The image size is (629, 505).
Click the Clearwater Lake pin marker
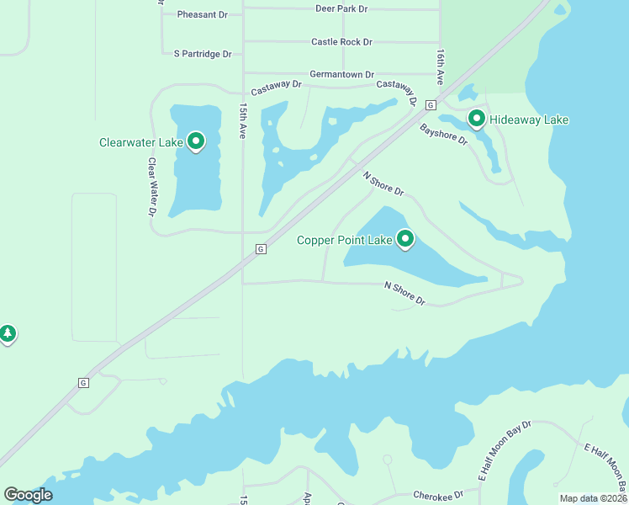pyautogui.click(x=196, y=141)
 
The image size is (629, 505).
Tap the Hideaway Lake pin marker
pyautogui.click(x=477, y=118)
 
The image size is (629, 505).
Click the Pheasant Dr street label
pyautogui.click(x=203, y=14)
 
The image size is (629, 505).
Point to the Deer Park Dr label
pyautogui.click(x=341, y=8)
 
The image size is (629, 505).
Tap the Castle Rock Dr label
pyautogui.click(x=341, y=41)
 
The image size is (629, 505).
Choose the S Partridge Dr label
pyautogui.click(x=203, y=54)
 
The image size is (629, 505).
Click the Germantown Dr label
pyautogui.click(x=341, y=75)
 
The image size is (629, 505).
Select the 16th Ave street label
pyautogui.click(x=440, y=66)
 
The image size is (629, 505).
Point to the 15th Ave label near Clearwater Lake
pyautogui.click(x=242, y=121)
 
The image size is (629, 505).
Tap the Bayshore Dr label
pyautogui.click(x=443, y=134)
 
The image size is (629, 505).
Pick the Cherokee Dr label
pyautogui.click(x=438, y=494)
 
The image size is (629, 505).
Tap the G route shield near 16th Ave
pyautogui.click(x=430, y=105)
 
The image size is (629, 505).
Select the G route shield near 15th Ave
pyautogui.click(x=261, y=249)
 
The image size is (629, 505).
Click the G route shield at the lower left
pyautogui.click(x=83, y=383)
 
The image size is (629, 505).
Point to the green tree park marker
pyautogui.click(x=8, y=333)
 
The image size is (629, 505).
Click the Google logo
pyautogui.click(x=28, y=495)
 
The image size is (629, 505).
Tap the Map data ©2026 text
pyautogui.click(x=593, y=498)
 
